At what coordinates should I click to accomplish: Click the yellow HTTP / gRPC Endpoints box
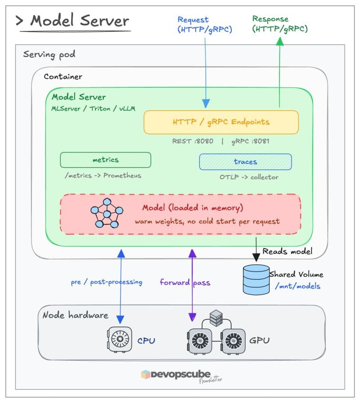click(x=221, y=122)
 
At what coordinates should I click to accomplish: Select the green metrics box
click(x=106, y=160)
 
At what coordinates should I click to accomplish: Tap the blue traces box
click(x=246, y=162)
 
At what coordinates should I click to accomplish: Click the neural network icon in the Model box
click(x=107, y=213)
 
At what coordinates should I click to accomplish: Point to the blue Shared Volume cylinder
click(x=256, y=280)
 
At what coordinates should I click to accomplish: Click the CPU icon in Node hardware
click(x=119, y=339)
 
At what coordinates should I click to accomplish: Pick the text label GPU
click(x=259, y=340)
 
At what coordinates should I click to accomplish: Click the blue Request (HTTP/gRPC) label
click(x=205, y=25)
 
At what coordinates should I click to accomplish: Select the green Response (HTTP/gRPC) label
click(x=280, y=24)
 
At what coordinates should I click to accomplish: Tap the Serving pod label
click(x=49, y=54)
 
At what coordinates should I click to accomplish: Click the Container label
click(x=63, y=77)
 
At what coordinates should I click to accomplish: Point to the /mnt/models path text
click(x=297, y=286)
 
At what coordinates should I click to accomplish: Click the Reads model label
click(x=288, y=251)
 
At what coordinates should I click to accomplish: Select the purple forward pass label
click(x=185, y=282)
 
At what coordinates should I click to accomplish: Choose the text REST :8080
click(x=193, y=141)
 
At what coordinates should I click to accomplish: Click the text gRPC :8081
click(x=250, y=141)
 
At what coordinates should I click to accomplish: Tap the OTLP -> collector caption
click(x=249, y=177)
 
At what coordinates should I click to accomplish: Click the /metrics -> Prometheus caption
click(x=103, y=176)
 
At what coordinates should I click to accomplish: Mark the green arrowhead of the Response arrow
click(x=280, y=41)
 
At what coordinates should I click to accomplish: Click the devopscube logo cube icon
click(x=145, y=375)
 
